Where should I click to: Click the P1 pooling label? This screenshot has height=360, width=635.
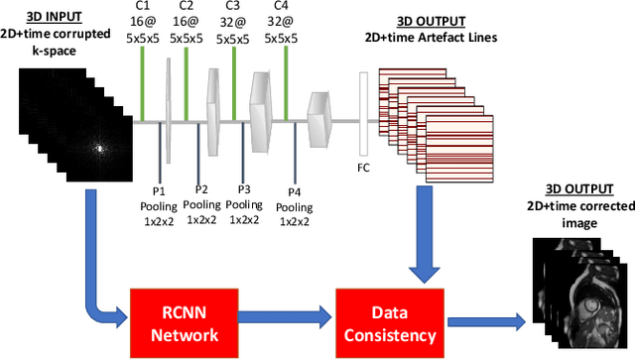159,189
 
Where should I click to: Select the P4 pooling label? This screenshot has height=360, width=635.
295,190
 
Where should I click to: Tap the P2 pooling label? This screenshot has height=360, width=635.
201,189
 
